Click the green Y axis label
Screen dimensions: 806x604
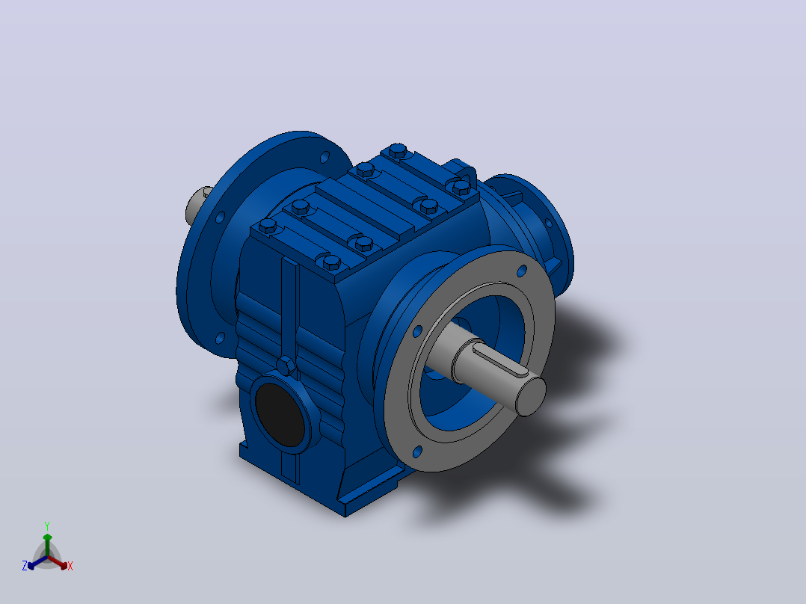47,526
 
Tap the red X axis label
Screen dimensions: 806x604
70,566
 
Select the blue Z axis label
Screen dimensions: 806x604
24,566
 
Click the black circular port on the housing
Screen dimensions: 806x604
280,414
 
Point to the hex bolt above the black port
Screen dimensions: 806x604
286,366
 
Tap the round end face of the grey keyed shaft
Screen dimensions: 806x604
531,395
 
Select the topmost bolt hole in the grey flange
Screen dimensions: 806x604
522,271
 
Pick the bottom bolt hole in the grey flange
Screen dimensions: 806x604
417,452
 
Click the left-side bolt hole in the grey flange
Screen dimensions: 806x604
417,331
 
